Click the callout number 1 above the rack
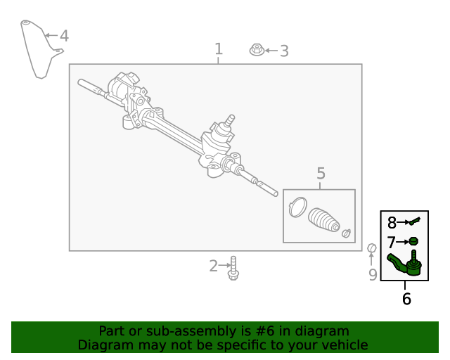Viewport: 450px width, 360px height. (218, 49)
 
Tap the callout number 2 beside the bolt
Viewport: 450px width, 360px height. (214, 266)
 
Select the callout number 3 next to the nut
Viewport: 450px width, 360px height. (283, 51)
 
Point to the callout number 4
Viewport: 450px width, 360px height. (64, 35)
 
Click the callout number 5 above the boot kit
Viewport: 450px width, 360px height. (321, 173)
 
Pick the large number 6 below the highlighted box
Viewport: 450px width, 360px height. (406, 299)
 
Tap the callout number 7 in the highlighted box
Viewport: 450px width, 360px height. (392, 242)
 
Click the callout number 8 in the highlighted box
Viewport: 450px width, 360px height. (392, 223)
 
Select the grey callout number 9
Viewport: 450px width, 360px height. (373, 274)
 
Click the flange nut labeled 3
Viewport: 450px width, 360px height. (257, 50)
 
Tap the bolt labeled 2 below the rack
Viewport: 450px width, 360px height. (233, 268)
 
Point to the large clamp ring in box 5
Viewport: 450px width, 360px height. (297, 207)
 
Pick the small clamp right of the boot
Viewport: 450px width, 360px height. (345, 233)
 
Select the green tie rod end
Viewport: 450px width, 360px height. (406, 264)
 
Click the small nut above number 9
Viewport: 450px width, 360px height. (371, 247)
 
